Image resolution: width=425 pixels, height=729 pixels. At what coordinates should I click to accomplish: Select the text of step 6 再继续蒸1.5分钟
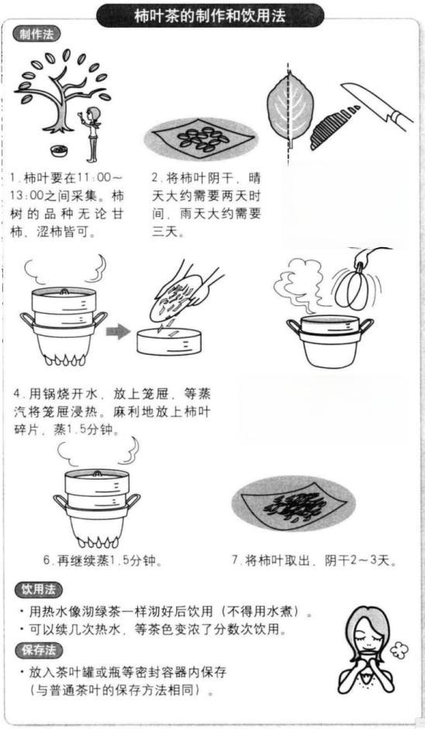coord(108,559)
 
